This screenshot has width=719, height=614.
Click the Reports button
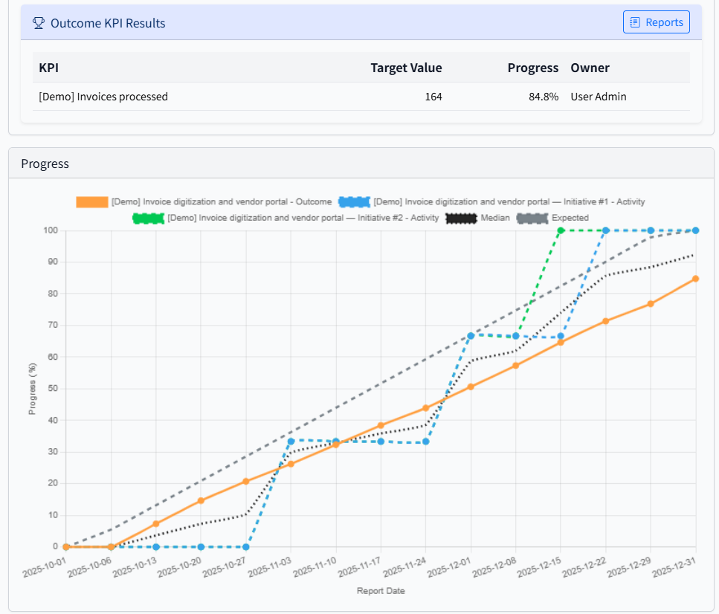coord(656,22)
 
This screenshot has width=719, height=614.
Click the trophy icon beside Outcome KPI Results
coord(39,23)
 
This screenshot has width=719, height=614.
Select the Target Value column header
coord(406,68)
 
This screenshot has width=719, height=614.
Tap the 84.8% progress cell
coord(543,97)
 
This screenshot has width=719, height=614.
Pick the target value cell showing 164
coord(433,97)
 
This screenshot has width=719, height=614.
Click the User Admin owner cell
coord(598,97)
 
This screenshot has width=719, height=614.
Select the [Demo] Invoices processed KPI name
coord(103,97)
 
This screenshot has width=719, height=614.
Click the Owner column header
coord(590,68)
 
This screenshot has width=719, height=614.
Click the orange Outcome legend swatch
coord(92,202)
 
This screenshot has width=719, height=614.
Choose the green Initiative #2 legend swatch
coord(148,219)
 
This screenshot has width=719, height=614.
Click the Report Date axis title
coord(381,591)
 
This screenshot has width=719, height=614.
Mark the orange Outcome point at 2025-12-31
coord(695,279)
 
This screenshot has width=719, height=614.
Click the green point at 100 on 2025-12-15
coord(561,230)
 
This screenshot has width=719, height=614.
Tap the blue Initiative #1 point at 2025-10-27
coord(246,547)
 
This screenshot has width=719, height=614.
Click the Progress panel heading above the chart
coord(45,164)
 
